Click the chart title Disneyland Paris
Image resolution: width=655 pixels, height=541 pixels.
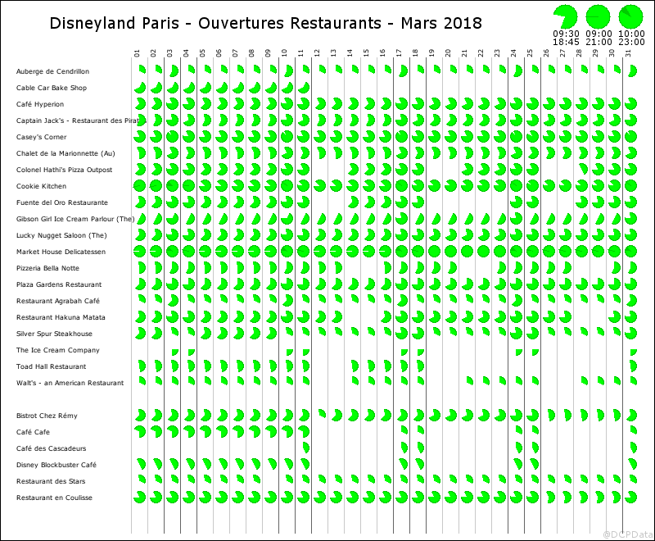coord(265,23)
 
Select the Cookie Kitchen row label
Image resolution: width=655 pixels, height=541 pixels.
coord(41,186)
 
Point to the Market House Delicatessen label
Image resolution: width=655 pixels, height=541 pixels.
coord(61,252)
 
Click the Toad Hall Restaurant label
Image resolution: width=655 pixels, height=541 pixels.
coord(51,366)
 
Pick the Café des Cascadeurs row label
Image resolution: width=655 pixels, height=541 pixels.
coord(51,448)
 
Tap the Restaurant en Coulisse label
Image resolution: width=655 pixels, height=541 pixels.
coord(54,498)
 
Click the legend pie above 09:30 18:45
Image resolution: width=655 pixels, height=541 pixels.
coord(565,16)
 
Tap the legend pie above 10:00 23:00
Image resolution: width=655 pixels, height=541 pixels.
coord(630,16)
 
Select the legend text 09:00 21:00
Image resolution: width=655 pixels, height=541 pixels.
coord(598,37)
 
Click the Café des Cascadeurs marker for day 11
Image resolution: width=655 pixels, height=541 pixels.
coord(305,448)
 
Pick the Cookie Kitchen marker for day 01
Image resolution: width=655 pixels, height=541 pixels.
coord(139,186)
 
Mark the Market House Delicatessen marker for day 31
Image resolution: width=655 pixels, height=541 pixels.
coord(630,252)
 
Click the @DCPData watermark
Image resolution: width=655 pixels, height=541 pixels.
coord(628,534)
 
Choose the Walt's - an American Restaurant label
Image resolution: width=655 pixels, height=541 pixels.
coord(70,383)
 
